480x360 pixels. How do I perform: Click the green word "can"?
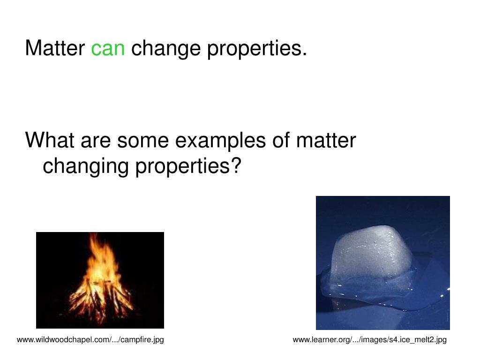108,48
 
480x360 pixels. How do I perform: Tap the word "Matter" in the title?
55,48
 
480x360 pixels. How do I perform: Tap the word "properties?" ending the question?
188,166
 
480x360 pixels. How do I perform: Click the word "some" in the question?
140,140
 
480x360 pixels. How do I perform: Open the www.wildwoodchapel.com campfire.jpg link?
90,339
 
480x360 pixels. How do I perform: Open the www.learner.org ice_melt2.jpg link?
369,339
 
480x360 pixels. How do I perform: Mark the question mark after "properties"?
236,165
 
